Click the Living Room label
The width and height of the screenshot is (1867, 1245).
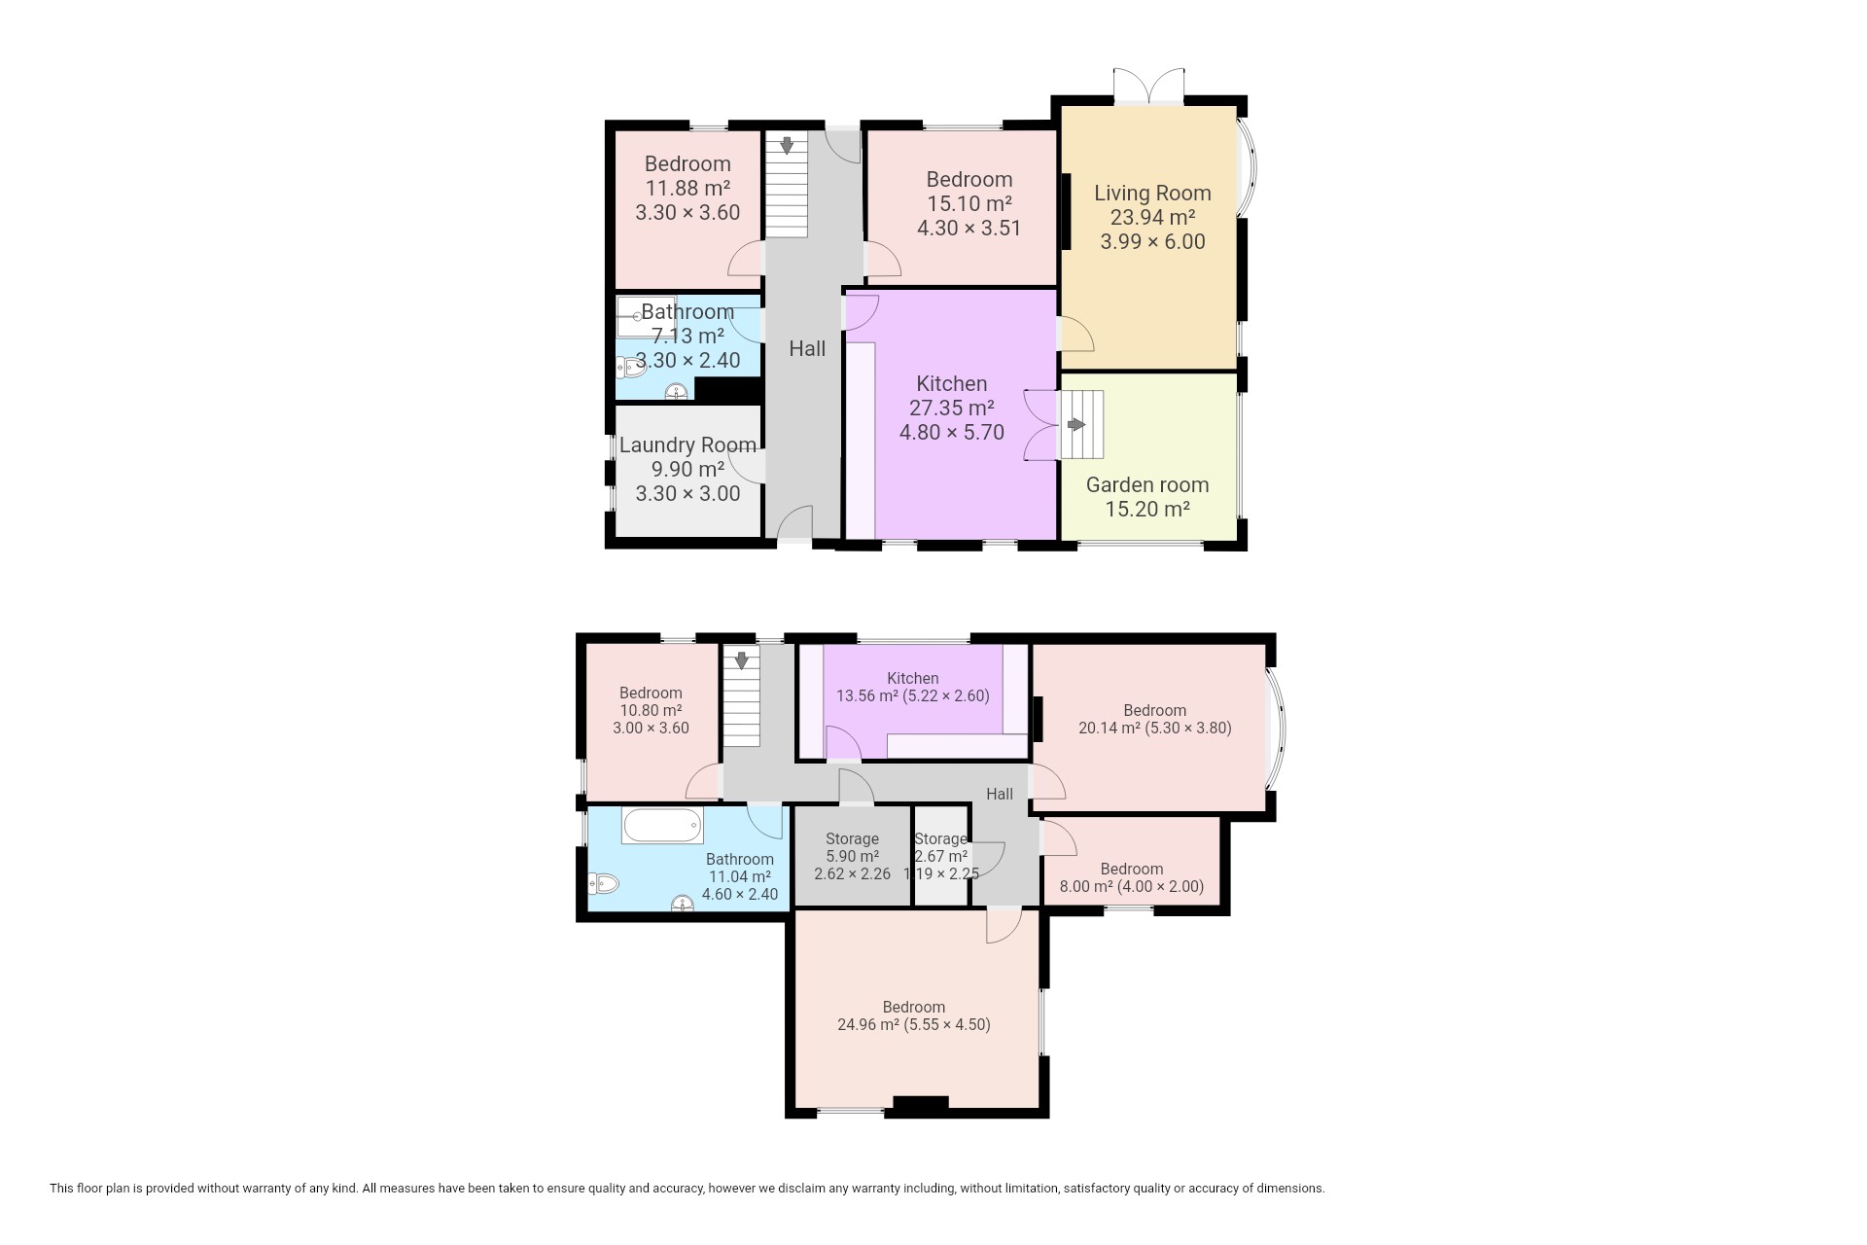click(1152, 194)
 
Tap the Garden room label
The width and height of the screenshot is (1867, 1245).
click(1147, 485)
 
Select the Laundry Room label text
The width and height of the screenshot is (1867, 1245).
click(687, 445)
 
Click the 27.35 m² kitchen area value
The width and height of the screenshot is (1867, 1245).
click(952, 409)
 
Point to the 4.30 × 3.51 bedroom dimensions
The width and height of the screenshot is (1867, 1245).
click(969, 229)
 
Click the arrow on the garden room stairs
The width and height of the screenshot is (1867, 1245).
click(1076, 425)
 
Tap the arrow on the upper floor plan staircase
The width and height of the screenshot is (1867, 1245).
click(787, 146)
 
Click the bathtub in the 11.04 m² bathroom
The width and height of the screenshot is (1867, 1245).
click(662, 827)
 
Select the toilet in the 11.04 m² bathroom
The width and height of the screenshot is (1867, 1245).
click(604, 884)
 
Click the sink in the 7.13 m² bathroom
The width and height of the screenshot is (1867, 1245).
click(677, 392)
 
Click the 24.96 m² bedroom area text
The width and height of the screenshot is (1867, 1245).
click(869, 1024)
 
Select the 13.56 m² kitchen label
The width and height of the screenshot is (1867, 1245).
click(913, 687)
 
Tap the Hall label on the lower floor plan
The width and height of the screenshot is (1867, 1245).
click(1000, 795)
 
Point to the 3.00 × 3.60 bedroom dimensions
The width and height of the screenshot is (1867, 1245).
click(651, 728)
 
